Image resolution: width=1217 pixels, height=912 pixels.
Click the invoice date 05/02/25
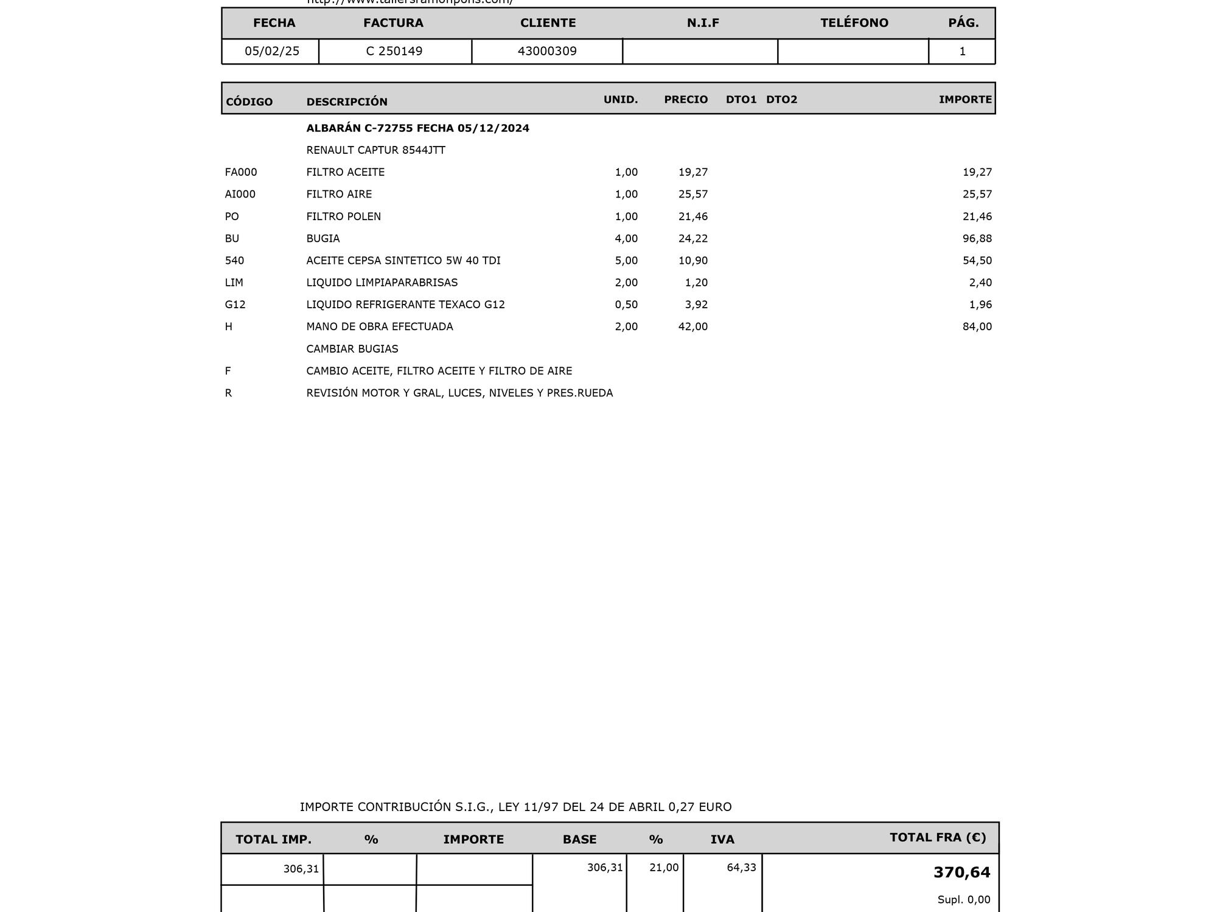(272, 51)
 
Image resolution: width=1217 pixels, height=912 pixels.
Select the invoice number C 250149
(394, 51)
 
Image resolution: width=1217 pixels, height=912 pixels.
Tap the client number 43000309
(547, 51)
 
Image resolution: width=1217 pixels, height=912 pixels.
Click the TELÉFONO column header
(854, 23)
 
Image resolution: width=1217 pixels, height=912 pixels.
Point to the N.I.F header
(703, 23)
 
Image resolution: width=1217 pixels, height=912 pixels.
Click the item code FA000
(241, 172)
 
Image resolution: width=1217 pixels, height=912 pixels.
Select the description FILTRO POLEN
(344, 216)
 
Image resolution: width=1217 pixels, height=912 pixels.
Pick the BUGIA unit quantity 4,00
(626, 238)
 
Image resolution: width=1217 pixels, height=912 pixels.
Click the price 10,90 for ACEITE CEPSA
(693, 260)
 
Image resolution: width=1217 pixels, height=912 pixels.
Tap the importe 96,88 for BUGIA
(977, 238)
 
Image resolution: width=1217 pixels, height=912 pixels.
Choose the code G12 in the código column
(235, 305)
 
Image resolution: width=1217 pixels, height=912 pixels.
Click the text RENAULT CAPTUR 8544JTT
(376, 150)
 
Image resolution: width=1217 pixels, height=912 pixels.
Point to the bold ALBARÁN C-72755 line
(417, 128)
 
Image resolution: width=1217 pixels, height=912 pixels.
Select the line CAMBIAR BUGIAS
(352, 349)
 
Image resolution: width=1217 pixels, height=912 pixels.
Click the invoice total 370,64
(961, 872)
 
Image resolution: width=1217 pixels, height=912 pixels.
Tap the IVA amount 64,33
(741, 868)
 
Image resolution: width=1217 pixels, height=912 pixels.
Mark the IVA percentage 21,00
(664, 868)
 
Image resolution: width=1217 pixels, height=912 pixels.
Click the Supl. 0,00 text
(964, 900)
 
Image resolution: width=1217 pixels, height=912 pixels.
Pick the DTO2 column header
(781, 100)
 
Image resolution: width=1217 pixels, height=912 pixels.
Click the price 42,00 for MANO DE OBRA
(693, 326)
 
